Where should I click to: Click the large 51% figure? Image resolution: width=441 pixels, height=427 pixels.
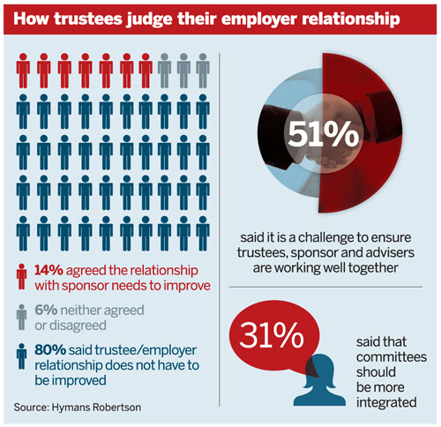324,133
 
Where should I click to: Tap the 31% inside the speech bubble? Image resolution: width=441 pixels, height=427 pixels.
272,335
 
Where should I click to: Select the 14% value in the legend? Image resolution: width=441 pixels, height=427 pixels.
49,270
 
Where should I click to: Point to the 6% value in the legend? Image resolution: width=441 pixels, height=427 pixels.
46,310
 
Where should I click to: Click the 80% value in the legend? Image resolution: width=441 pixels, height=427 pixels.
50,349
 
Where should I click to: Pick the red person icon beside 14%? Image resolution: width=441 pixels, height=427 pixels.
21,276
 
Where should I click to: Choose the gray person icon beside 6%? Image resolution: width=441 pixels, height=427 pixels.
21,317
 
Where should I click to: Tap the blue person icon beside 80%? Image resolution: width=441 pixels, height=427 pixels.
21,356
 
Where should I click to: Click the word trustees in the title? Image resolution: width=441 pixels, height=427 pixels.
88,19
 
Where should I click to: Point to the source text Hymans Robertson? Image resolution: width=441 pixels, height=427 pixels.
96,408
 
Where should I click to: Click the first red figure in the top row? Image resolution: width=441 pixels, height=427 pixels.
23,71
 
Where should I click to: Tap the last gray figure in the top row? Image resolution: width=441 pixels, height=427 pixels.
203,71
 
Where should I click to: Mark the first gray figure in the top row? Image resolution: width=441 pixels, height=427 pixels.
164,71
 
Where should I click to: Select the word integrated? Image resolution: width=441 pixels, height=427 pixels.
386,402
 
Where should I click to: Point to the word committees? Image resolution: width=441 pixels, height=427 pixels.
392,357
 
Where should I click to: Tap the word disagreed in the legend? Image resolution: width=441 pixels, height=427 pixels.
78,326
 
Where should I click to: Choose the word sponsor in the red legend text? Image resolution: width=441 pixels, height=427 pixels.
90,286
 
